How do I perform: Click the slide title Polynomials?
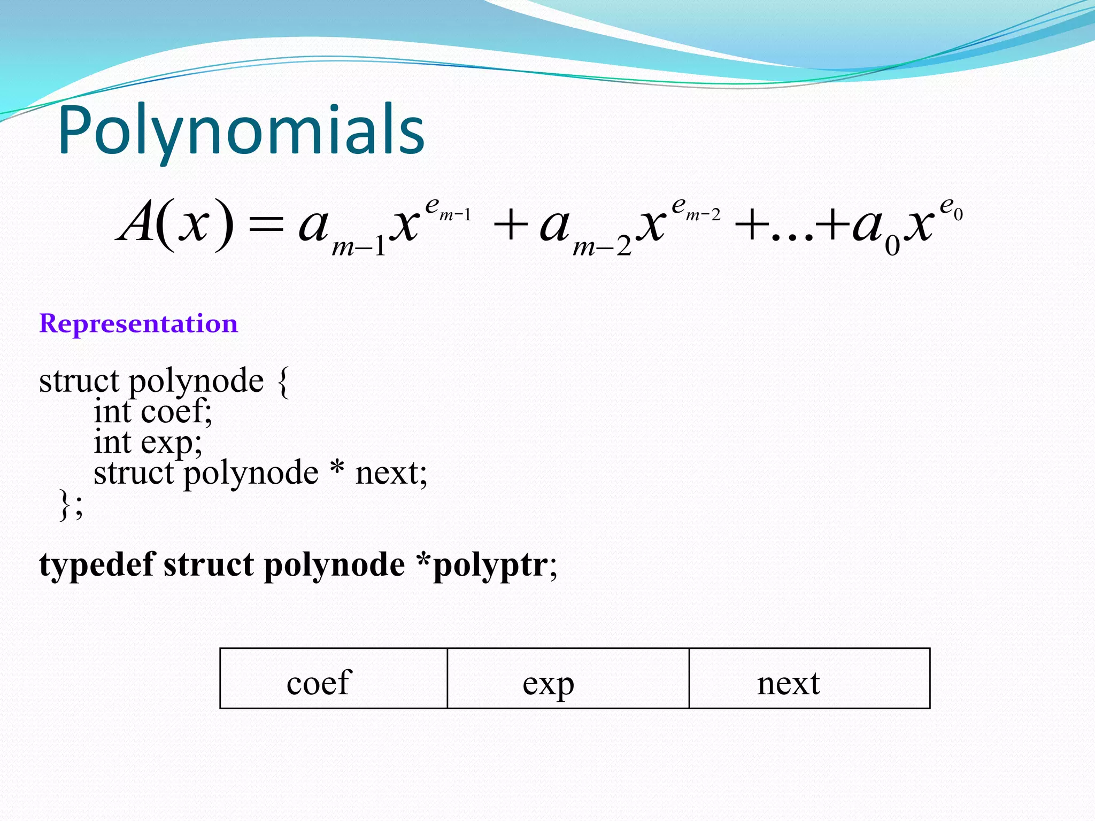tap(241, 131)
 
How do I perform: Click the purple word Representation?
tap(138, 324)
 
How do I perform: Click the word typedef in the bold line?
tap(97, 566)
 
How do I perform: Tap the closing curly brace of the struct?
tap(65, 505)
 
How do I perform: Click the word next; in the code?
tap(391, 474)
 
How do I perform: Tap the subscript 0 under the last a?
tap(892, 246)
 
